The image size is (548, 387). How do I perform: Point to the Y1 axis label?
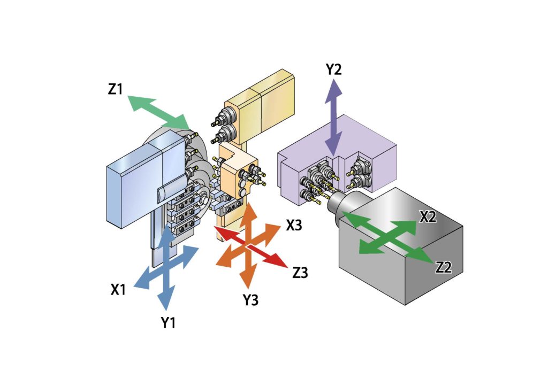(x=169, y=323)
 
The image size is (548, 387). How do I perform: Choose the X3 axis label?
(x=295, y=226)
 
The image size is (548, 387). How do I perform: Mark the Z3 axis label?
(x=300, y=273)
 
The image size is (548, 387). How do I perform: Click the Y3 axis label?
(x=250, y=300)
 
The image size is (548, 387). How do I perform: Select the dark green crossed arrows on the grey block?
(x=387, y=235)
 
